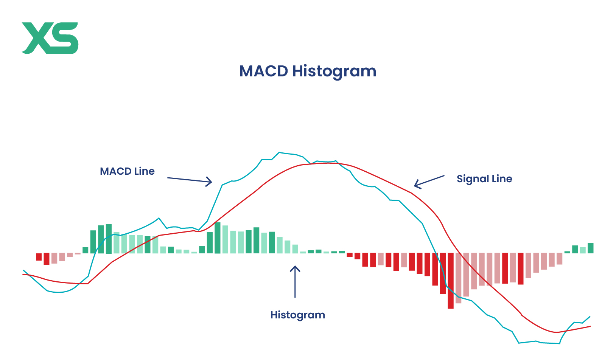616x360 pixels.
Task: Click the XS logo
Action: (x=50, y=38)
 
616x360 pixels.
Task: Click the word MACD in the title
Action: (x=263, y=71)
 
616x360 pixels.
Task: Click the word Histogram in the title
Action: (x=334, y=71)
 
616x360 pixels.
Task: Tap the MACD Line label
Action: (x=127, y=171)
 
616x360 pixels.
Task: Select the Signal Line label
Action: (x=484, y=179)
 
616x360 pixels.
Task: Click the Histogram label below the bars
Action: (x=297, y=315)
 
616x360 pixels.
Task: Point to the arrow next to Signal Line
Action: (x=429, y=181)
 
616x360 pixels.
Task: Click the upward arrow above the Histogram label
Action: (x=295, y=281)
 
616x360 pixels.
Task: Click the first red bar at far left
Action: (x=39, y=257)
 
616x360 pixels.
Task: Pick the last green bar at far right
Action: (x=590, y=248)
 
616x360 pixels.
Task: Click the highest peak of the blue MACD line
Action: (x=279, y=152)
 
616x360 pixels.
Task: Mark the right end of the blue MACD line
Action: (x=590, y=317)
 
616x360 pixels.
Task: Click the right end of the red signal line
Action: (x=590, y=326)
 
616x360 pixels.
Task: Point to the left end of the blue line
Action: (x=24, y=271)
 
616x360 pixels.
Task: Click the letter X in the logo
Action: (x=36, y=38)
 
